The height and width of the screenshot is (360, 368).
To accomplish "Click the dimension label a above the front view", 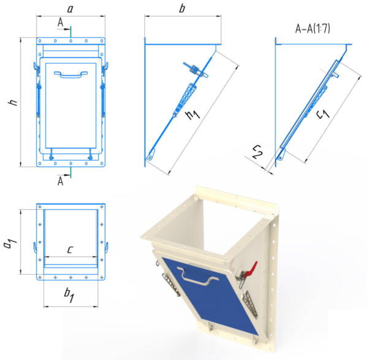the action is (70, 9).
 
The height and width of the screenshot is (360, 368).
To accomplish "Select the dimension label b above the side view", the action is (182, 9).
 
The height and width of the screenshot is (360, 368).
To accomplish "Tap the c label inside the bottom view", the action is (70, 250).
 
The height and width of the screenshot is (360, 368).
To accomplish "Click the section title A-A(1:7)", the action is (313, 29).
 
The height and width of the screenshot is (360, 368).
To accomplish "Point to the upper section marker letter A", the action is (60, 23).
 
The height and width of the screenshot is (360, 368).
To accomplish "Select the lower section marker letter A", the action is (60, 181).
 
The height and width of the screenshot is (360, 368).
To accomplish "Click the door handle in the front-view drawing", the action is (71, 74).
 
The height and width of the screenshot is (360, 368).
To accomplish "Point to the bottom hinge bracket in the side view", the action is (150, 155).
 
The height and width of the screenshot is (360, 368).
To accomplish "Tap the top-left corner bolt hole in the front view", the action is (40, 41).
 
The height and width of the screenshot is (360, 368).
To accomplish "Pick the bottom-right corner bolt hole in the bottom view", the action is (102, 278).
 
